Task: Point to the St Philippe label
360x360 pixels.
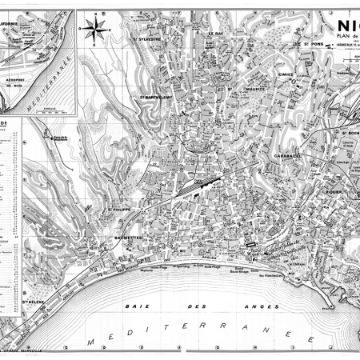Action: click(119, 210)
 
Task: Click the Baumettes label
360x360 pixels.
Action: click(122, 238)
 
